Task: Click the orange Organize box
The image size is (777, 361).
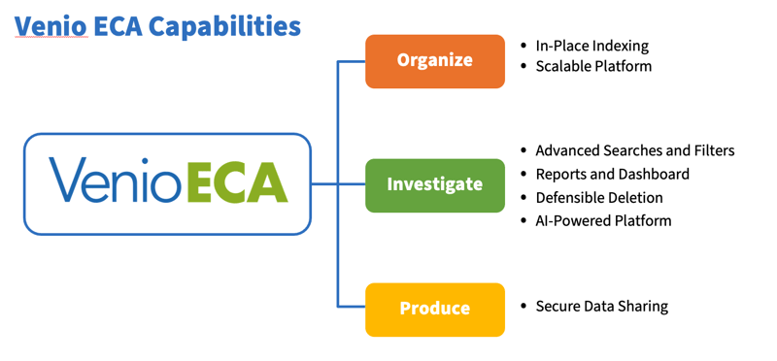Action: pos(434,61)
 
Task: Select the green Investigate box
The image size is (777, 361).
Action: pos(434,184)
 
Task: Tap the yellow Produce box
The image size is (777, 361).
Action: pos(434,309)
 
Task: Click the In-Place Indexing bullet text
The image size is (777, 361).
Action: pos(591,46)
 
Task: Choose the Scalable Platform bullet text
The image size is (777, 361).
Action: pos(593,67)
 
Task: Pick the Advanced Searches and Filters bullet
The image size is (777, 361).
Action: pos(634,150)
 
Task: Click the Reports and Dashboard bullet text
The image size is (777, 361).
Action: pos(612,174)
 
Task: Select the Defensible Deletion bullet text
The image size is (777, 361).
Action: pos(599,197)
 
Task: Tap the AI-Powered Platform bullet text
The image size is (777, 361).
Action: pos(603,220)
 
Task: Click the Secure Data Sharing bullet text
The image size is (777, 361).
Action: pos(601,306)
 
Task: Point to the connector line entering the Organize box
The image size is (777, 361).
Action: pos(352,61)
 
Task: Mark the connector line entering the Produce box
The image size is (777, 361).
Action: pos(352,309)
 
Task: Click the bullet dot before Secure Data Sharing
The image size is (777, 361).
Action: pos(524,307)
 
